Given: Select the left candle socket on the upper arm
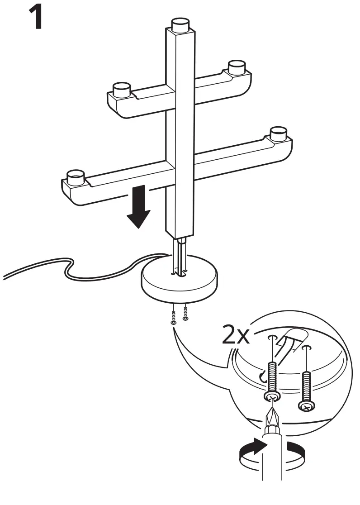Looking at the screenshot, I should pos(121,90).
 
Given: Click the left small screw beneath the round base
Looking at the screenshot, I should pos(174,316).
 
